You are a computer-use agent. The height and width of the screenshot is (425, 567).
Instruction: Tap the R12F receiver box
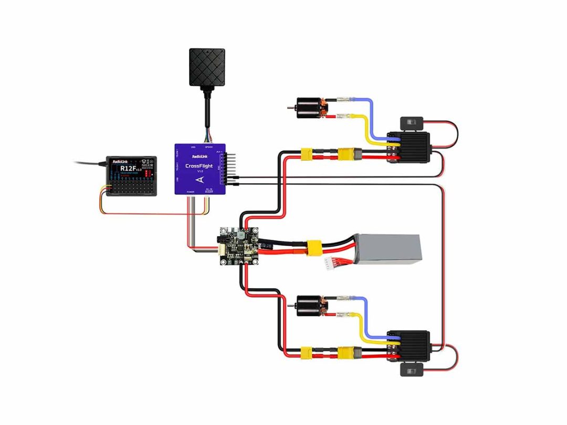coord(131,176)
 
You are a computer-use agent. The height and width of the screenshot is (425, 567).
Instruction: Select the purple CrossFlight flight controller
coord(199,169)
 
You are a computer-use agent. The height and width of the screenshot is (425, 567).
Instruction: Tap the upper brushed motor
coord(310,107)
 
